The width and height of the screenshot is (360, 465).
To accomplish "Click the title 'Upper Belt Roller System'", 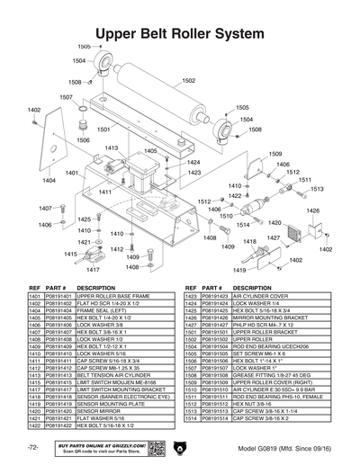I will pyautogui.click(x=180, y=32).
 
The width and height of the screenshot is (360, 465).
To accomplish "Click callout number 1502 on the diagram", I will pyautogui.click(x=189, y=81).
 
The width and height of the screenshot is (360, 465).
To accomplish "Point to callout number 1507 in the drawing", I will pyautogui.click(x=67, y=97).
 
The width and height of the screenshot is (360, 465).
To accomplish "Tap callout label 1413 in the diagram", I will pyautogui.click(x=112, y=148).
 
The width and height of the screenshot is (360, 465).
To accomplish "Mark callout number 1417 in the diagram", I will pyautogui.click(x=93, y=269).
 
